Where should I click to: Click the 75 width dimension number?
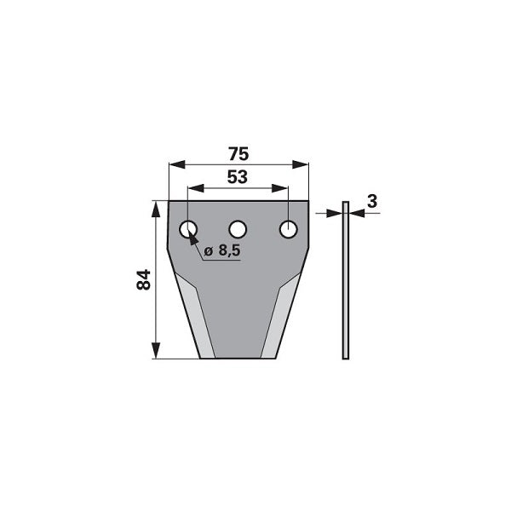[x=238, y=154]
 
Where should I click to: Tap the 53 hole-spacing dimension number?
[x=238, y=177]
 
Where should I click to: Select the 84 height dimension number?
[x=143, y=279]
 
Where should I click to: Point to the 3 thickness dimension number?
[x=372, y=201]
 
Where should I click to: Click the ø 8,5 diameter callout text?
[x=222, y=250]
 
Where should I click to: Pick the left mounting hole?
[x=188, y=229]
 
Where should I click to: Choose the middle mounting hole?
[x=238, y=229]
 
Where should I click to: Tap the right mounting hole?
[x=289, y=229]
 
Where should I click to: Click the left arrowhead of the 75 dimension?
[x=177, y=164]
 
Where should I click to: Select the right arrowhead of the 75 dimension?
[x=300, y=164]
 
